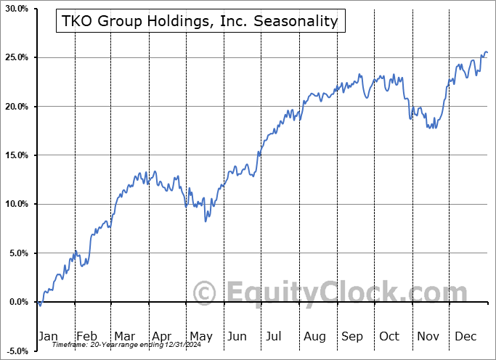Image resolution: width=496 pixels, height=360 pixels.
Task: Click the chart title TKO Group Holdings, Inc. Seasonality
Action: point(200,20)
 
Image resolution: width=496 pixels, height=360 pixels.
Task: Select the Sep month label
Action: point(352,336)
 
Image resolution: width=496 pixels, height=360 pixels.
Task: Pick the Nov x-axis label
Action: point(427,336)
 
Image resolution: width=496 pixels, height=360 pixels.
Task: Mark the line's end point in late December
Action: point(487,53)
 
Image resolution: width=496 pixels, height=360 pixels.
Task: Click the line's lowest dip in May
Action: point(206,221)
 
